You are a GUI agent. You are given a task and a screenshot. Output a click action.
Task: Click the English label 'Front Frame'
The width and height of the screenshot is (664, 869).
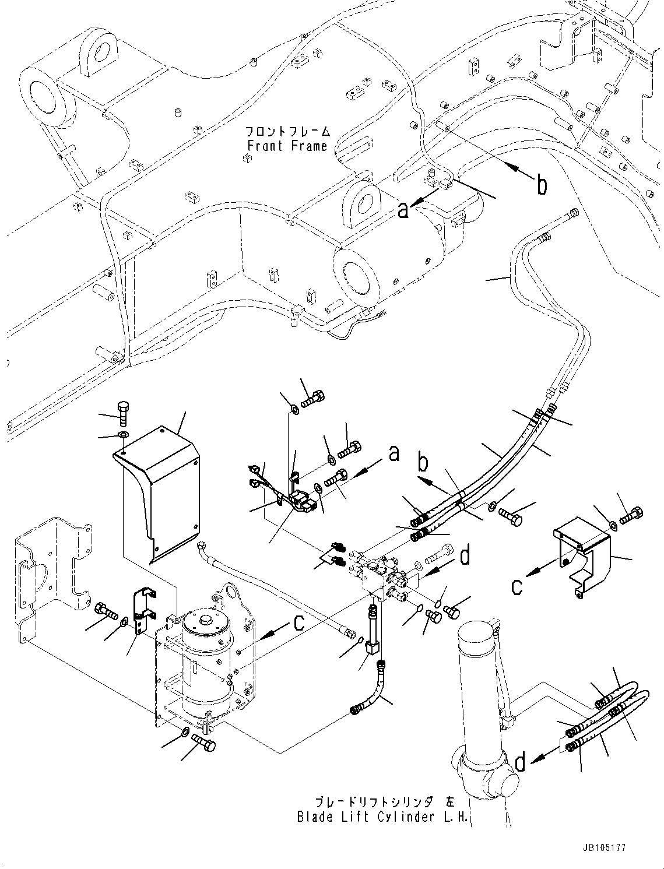(x=287, y=146)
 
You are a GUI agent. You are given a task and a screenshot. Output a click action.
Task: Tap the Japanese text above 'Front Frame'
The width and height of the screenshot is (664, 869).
(x=287, y=131)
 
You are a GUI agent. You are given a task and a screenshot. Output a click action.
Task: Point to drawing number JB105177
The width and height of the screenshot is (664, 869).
(x=603, y=848)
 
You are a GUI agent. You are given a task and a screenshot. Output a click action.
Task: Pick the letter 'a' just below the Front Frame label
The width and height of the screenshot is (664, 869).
(x=403, y=209)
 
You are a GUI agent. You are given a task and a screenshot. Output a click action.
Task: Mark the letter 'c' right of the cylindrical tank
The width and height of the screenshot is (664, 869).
(x=298, y=624)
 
